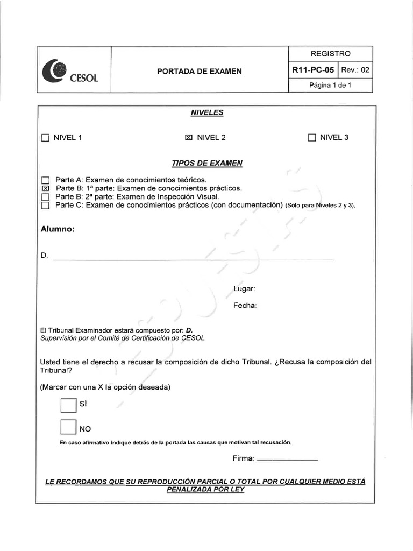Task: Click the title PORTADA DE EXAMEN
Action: point(199,71)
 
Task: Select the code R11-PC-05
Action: point(313,70)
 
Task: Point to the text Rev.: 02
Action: point(355,70)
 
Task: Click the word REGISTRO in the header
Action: point(330,54)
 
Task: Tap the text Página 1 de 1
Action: point(330,86)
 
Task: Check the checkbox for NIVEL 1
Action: point(45,138)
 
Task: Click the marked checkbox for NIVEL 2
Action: point(188,138)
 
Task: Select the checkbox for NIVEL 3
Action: point(312,138)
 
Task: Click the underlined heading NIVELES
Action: point(206,112)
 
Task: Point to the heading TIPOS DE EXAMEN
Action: point(206,163)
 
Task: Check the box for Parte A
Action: point(45,180)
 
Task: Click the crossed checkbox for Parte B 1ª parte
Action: point(45,189)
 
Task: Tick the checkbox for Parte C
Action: point(45,205)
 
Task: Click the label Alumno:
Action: point(58,229)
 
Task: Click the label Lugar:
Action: point(244,289)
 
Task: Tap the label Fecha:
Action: point(245,306)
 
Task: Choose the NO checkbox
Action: point(68,427)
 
